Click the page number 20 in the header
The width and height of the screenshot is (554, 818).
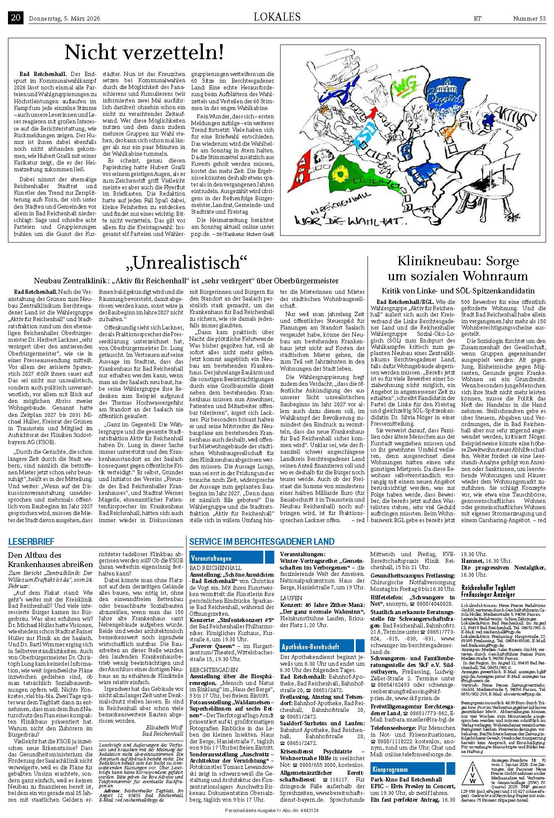click(x=16, y=18)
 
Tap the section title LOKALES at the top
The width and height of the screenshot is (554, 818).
click(x=277, y=17)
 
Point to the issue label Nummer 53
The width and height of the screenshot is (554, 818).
click(x=529, y=18)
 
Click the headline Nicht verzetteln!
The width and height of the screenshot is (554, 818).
click(x=144, y=52)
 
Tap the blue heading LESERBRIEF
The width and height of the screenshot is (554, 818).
click(x=31, y=541)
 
